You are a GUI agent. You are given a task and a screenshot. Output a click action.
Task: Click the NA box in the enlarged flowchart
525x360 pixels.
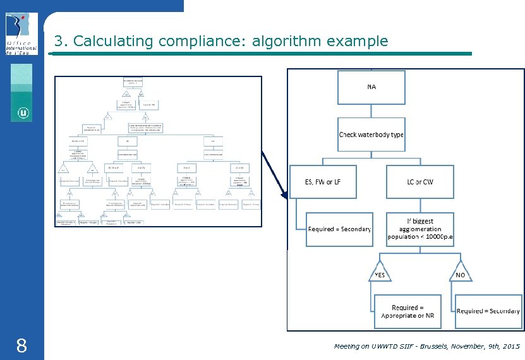371,87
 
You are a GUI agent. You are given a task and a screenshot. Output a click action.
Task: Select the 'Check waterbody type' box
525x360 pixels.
371,135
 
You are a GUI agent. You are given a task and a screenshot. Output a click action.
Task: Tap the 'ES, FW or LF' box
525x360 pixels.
323,182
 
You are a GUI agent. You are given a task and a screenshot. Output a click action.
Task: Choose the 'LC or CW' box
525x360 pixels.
420,182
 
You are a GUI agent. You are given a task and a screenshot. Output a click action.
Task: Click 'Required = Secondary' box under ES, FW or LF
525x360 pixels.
339,229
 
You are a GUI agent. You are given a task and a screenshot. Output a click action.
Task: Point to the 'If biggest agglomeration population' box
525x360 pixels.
420,229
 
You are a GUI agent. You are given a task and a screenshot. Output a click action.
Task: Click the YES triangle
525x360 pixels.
380,272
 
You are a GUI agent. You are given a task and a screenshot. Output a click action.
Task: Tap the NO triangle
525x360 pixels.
460,272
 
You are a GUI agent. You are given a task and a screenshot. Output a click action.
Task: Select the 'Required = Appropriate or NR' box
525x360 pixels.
407,311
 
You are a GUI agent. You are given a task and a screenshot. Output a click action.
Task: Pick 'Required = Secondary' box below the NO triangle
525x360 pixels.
488,311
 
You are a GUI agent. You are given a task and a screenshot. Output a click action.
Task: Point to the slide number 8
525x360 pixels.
21,345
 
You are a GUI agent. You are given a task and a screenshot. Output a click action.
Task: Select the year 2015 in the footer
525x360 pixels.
509,347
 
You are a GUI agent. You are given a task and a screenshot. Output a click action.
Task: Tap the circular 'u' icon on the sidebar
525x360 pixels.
23,114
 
